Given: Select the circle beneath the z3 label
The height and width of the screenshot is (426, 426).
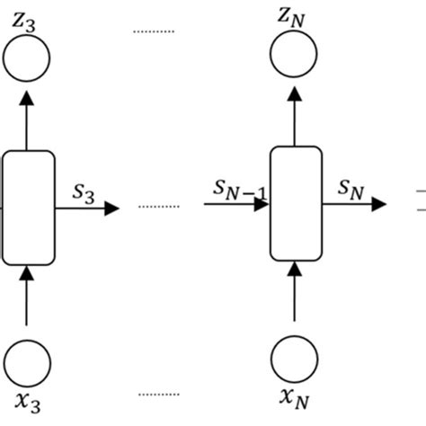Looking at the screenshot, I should [x=27, y=60].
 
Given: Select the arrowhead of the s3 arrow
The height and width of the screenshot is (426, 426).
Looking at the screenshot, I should [x=111, y=208].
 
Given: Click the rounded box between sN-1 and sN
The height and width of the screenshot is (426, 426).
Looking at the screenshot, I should [x=296, y=202].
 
